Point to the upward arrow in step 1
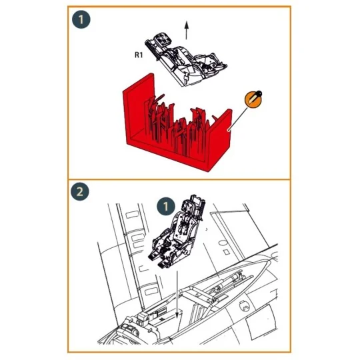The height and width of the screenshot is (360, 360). click(x=187, y=30)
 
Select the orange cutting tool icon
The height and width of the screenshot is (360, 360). click(x=253, y=98)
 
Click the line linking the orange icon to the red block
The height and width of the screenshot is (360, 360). click(x=239, y=113)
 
